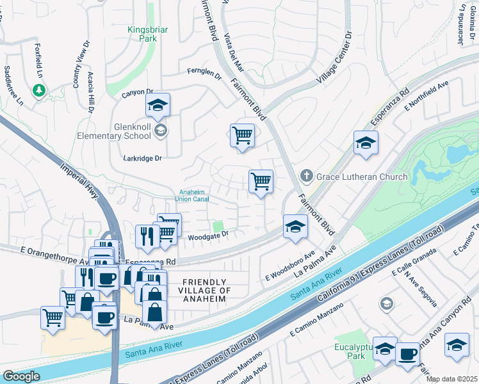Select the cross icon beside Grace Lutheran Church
coord(307,176)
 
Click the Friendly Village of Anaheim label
coord(204,291)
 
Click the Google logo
coord(21,376)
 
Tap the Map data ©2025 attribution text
coord(451,379)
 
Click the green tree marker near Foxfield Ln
coord(39,91)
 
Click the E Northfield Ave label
coord(426,95)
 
